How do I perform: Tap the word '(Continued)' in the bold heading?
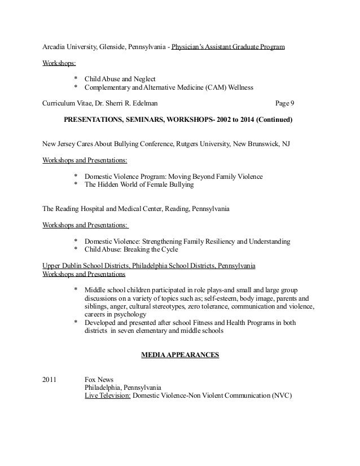click(x=273, y=120)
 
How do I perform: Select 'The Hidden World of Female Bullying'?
click(x=139, y=184)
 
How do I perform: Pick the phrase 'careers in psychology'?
click(x=115, y=314)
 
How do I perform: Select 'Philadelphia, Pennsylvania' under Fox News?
click(x=122, y=388)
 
